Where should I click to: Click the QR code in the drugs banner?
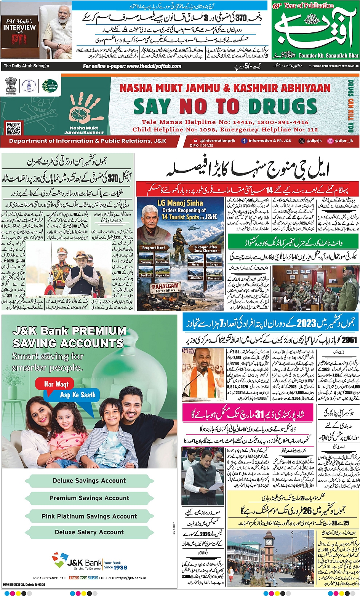pyautogui.click(x=14, y=128)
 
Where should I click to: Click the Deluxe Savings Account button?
pyautogui.click(x=89, y=481)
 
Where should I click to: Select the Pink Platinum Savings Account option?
pyautogui.click(x=89, y=516)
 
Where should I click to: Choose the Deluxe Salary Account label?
pyautogui.click(x=89, y=532)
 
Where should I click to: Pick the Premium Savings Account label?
pyautogui.click(x=89, y=498)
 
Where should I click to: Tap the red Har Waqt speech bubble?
pyautogui.click(x=56, y=384)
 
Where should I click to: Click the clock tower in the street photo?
pyautogui.click(x=269, y=549)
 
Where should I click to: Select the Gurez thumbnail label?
pyautogui.click(x=196, y=264)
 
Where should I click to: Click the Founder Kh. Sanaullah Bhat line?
pyautogui.click(x=329, y=56)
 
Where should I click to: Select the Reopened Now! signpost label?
pyautogui.click(x=154, y=248)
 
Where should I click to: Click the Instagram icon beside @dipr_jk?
pyautogui.click(x=330, y=141)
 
